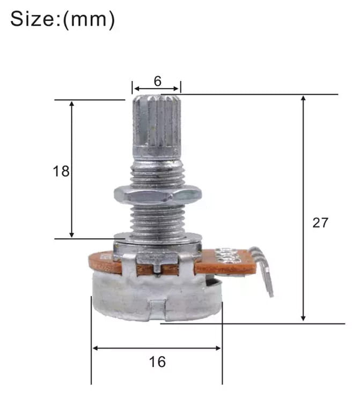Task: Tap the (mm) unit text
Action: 89,20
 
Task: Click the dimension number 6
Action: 158,81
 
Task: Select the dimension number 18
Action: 61,171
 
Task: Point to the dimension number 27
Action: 320,223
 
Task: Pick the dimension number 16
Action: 158,362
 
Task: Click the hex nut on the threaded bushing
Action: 158,194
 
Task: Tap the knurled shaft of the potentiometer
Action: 157,126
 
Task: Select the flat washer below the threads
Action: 158,238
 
